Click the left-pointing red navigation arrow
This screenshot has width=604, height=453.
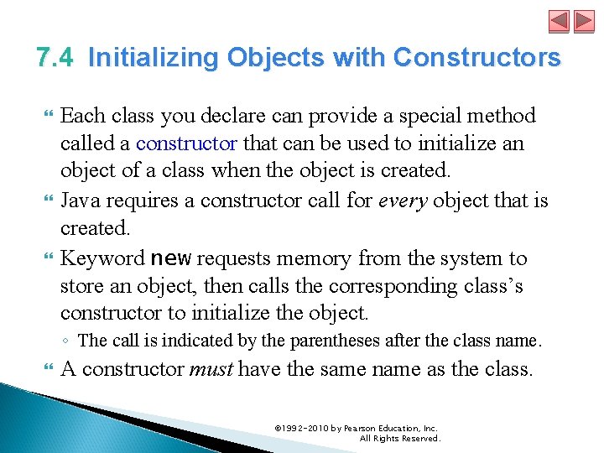point(560,21)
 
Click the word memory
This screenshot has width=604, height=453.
point(320,258)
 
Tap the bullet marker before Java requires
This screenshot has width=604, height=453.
point(46,201)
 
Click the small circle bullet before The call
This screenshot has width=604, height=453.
point(66,341)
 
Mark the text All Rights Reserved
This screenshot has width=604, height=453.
point(399,438)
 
